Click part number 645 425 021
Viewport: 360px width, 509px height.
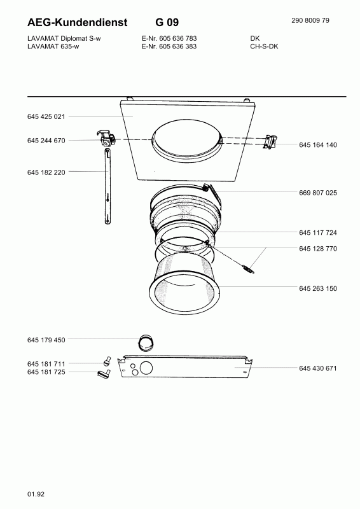46,116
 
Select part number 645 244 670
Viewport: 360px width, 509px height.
46,141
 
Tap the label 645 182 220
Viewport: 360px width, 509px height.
46,172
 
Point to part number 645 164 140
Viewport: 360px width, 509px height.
318,145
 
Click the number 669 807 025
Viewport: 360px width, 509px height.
318,193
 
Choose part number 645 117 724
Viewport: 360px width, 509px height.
318,232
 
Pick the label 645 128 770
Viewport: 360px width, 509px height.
318,248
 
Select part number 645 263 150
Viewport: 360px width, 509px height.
318,288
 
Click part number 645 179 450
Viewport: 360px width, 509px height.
46,340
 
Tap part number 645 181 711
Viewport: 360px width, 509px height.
46,364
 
